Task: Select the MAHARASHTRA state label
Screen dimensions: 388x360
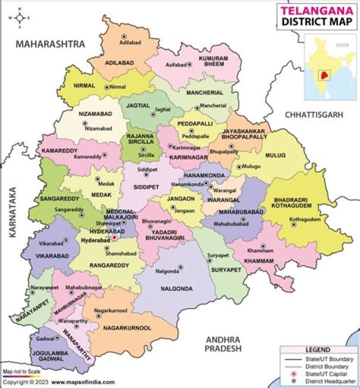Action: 50,44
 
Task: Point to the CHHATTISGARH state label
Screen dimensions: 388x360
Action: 314,115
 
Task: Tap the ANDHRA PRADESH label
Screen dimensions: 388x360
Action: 223,343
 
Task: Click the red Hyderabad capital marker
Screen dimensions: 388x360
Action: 114,238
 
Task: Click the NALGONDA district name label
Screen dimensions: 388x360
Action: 176,289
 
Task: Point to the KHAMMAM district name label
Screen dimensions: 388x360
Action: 259,261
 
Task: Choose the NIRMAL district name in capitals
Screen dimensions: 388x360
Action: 84,86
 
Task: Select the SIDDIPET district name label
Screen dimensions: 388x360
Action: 146,187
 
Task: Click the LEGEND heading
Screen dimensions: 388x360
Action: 317,349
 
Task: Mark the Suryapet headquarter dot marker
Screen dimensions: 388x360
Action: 209,260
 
